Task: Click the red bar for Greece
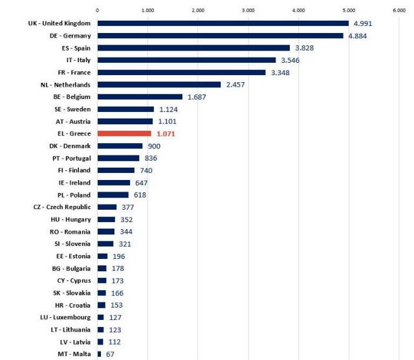124,133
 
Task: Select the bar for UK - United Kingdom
223,23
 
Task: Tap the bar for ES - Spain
193,47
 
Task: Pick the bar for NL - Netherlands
159,84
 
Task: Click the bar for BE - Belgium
140,96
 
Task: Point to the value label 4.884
359,36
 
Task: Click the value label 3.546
291,60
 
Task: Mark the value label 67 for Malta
111,354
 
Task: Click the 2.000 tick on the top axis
198,10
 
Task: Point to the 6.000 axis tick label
399,10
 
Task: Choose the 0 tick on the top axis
98,10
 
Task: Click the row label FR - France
68,72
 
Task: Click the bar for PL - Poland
113,195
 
